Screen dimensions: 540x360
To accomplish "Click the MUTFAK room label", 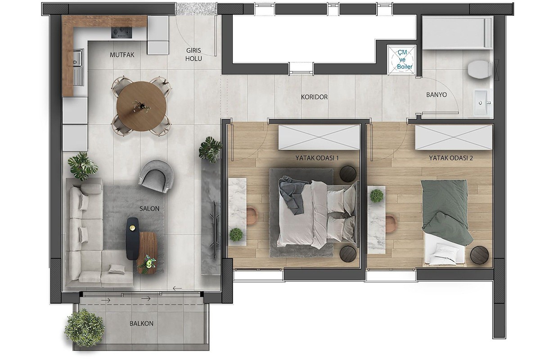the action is pos(122,55).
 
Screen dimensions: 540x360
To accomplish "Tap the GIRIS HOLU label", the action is pos(193,54).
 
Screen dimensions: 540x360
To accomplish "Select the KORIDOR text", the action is pos(314,97).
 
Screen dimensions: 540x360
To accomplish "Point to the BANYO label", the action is pos(436,95).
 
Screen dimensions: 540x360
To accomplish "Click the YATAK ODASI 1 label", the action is pos(317,158).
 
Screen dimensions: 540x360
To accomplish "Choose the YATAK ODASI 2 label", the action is pos(451,158).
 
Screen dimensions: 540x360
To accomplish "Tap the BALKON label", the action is pos(141,324).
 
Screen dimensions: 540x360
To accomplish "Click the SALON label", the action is pos(149,208).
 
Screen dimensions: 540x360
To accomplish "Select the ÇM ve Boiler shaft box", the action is pos(401,59).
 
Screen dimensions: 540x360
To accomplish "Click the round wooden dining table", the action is pos(141,106).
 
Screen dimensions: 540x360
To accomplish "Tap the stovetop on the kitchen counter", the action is pos(121,32).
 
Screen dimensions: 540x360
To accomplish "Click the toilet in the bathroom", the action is pos(480,69).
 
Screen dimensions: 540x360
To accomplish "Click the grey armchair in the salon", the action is pos(156,176).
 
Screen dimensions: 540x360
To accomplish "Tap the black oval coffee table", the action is pos(132,238).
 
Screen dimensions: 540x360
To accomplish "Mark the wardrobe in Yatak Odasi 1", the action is pos(319,137).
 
